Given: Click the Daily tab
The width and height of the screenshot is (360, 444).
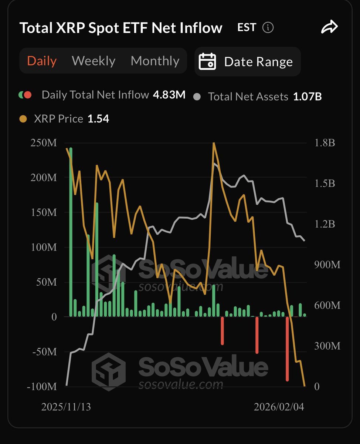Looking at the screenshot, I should [42, 61].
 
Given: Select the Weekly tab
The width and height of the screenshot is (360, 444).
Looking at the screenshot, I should [94, 61].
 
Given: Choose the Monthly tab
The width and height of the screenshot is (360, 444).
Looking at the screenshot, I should [155, 61].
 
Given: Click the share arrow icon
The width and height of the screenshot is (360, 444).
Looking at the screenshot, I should [329, 27].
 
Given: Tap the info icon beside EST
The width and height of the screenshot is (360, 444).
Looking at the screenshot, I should [268, 27].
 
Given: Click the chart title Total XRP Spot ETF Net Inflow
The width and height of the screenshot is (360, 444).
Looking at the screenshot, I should [121, 28].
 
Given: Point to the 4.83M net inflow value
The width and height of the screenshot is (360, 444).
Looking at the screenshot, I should [169, 95].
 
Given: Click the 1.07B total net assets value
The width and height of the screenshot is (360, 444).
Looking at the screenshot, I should [307, 97].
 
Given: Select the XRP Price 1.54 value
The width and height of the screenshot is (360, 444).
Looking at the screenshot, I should [98, 119].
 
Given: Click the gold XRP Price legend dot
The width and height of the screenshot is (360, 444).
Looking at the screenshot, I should [23, 119].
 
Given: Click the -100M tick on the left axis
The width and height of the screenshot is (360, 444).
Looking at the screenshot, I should [42, 387].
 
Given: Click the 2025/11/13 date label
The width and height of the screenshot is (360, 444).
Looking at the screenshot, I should [66, 407].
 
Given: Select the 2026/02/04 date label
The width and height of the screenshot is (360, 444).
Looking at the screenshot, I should [279, 407].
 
